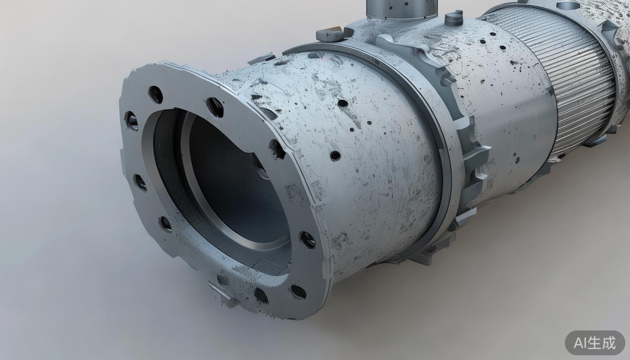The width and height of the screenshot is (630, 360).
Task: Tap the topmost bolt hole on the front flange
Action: (156, 95)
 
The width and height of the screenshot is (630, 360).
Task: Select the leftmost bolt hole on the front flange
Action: (131, 121)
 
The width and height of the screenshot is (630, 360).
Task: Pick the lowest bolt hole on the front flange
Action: (298, 292)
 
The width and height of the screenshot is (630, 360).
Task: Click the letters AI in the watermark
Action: (581, 343)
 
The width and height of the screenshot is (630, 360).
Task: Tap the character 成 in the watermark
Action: (609, 343)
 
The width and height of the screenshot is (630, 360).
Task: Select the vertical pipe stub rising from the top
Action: (402, 8)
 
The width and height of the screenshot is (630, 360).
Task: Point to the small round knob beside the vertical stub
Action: (454, 17)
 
